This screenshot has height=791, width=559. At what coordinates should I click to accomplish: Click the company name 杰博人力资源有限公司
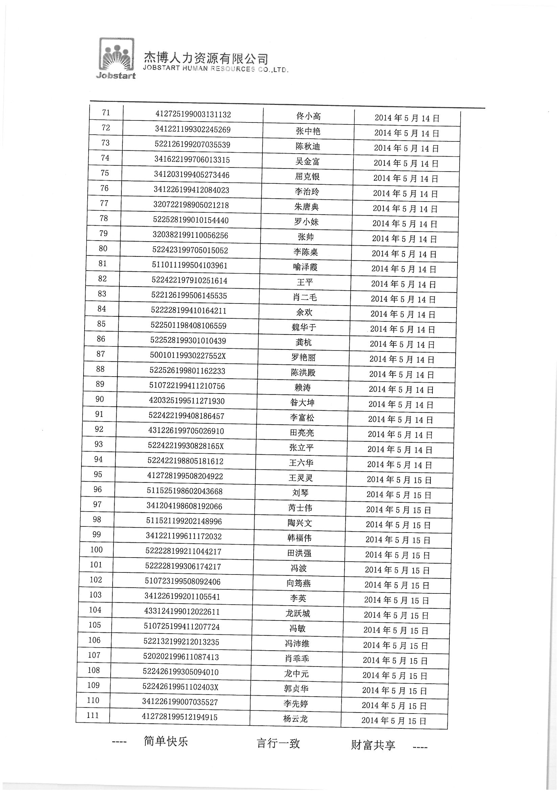pos(206,58)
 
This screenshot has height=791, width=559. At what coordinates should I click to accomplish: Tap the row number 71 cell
pos(106,113)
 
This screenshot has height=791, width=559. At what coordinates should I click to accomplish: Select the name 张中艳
pos(308,131)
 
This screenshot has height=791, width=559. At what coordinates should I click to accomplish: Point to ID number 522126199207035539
pos(192,145)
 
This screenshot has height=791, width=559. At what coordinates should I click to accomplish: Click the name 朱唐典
pos(306,207)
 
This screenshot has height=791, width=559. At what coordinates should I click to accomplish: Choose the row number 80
pos(103,248)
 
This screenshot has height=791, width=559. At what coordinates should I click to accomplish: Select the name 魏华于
pos(304,327)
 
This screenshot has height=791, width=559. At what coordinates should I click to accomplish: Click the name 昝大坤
pos(302,402)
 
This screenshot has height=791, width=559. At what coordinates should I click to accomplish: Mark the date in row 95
pos(399,479)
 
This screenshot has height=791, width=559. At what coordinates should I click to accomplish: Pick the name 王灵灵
pos(301,478)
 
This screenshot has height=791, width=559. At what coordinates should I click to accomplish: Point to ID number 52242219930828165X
pos(186,446)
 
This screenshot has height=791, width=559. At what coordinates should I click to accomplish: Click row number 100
pos(96,549)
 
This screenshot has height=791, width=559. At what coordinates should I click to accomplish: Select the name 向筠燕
pos(299,583)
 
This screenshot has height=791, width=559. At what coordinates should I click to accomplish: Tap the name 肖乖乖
pos(297,658)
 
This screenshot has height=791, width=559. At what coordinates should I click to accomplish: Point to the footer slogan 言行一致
pos(278,743)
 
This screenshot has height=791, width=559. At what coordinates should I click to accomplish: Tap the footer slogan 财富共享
pos(373,745)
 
